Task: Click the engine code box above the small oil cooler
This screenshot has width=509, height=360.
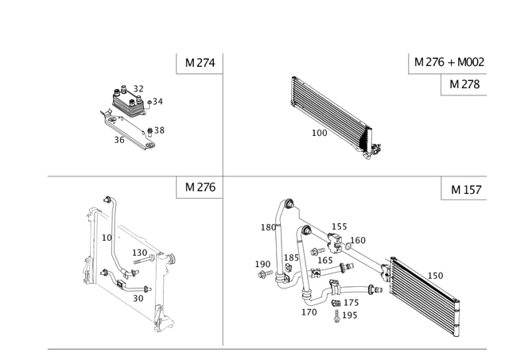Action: pos(197,62)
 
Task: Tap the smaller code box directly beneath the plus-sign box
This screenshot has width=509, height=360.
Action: pos(462,84)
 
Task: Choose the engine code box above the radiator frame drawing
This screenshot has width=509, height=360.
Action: pos(198,188)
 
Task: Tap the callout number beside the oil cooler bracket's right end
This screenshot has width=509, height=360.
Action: pos(157,129)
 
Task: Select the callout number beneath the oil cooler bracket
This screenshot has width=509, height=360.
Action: pos(119,140)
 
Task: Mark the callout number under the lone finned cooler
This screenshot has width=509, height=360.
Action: pos(318,134)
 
